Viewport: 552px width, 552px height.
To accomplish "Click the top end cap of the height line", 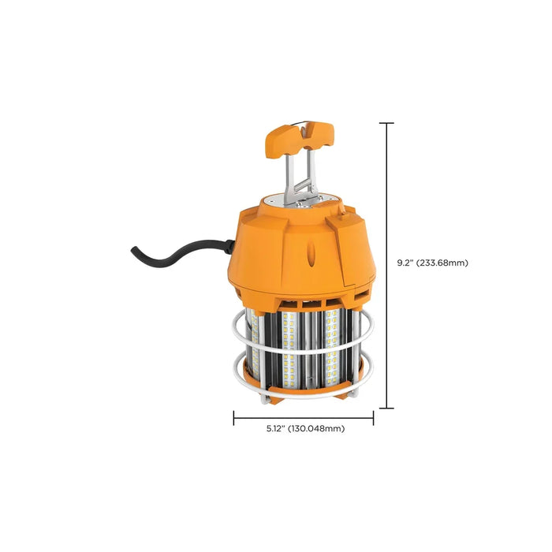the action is (x=386, y=123).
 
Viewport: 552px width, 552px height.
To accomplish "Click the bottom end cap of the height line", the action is (x=386, y=408).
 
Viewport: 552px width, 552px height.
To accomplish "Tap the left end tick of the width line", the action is (x=233, y=418).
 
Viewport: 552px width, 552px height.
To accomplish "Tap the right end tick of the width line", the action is (x=373, y=418).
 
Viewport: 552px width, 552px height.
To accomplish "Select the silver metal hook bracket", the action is (x=300, y=180).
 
